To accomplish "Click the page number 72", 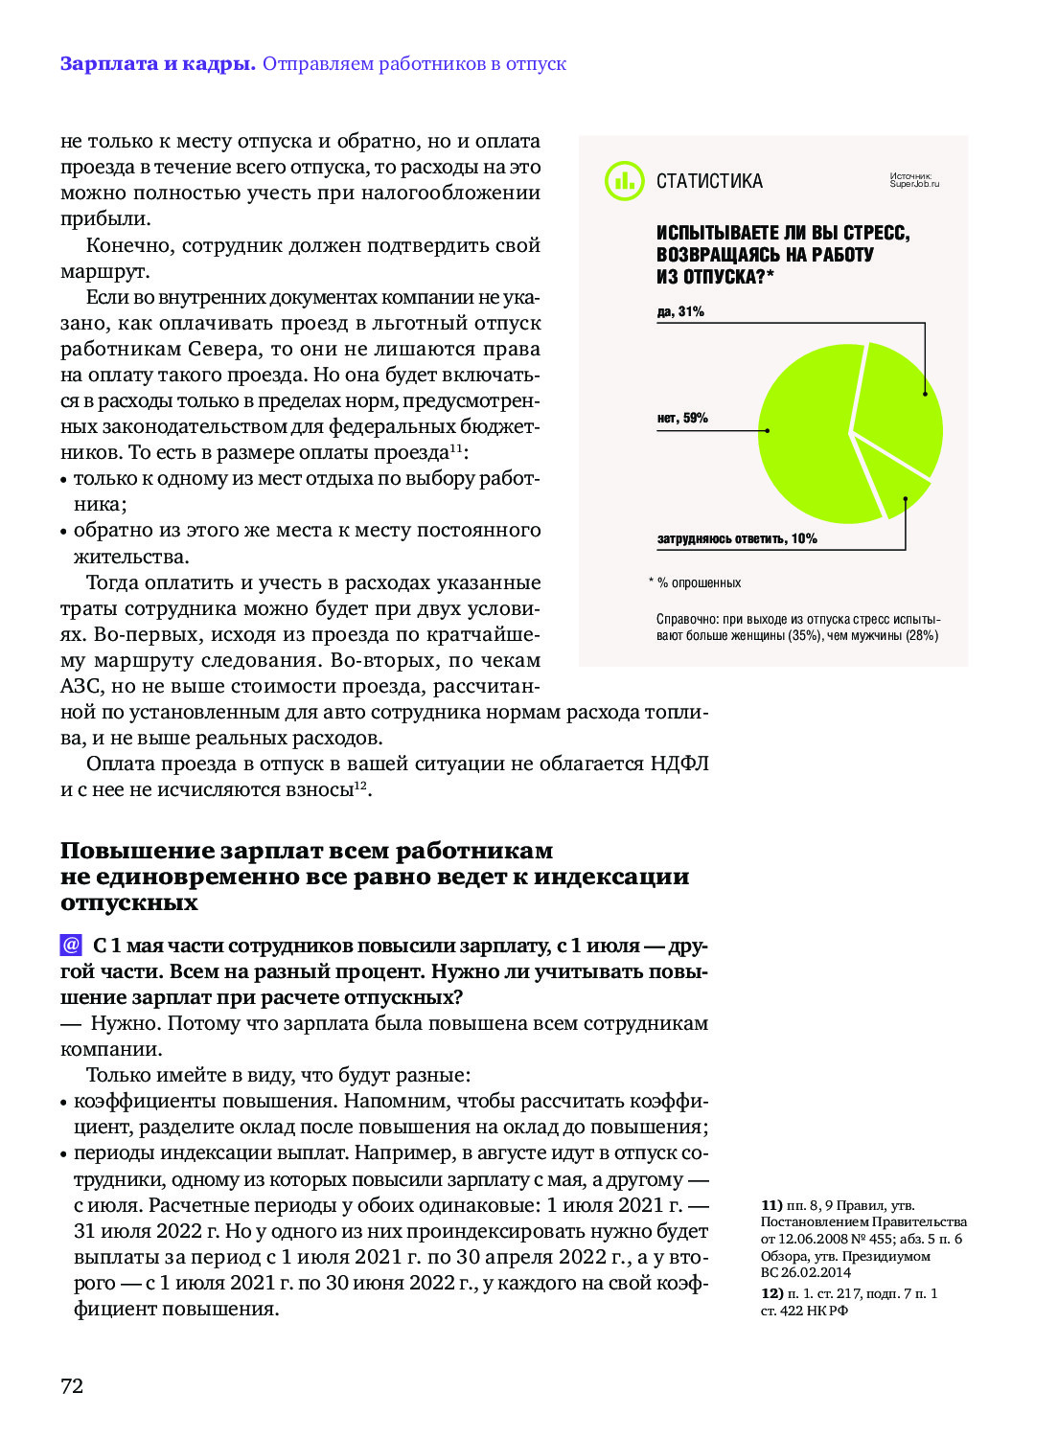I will pos(72,1385).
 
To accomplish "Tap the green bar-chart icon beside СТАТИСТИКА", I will pos(624,180).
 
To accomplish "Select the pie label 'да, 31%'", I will pos(680,311).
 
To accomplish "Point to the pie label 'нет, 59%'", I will pos(682,418).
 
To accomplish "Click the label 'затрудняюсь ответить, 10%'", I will pos(737,538).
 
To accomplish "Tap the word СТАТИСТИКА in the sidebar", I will pos(709,181).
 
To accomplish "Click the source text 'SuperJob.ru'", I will pos(914,184).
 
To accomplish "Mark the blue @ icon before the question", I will pos(71,946).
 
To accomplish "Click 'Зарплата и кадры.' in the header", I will pos(157,63).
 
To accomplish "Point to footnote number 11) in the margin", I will pos(771,1205).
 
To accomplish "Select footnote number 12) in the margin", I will pos(771,1293).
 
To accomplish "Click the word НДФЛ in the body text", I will pos(679,764).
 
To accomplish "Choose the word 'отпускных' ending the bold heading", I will pos(129,902).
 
